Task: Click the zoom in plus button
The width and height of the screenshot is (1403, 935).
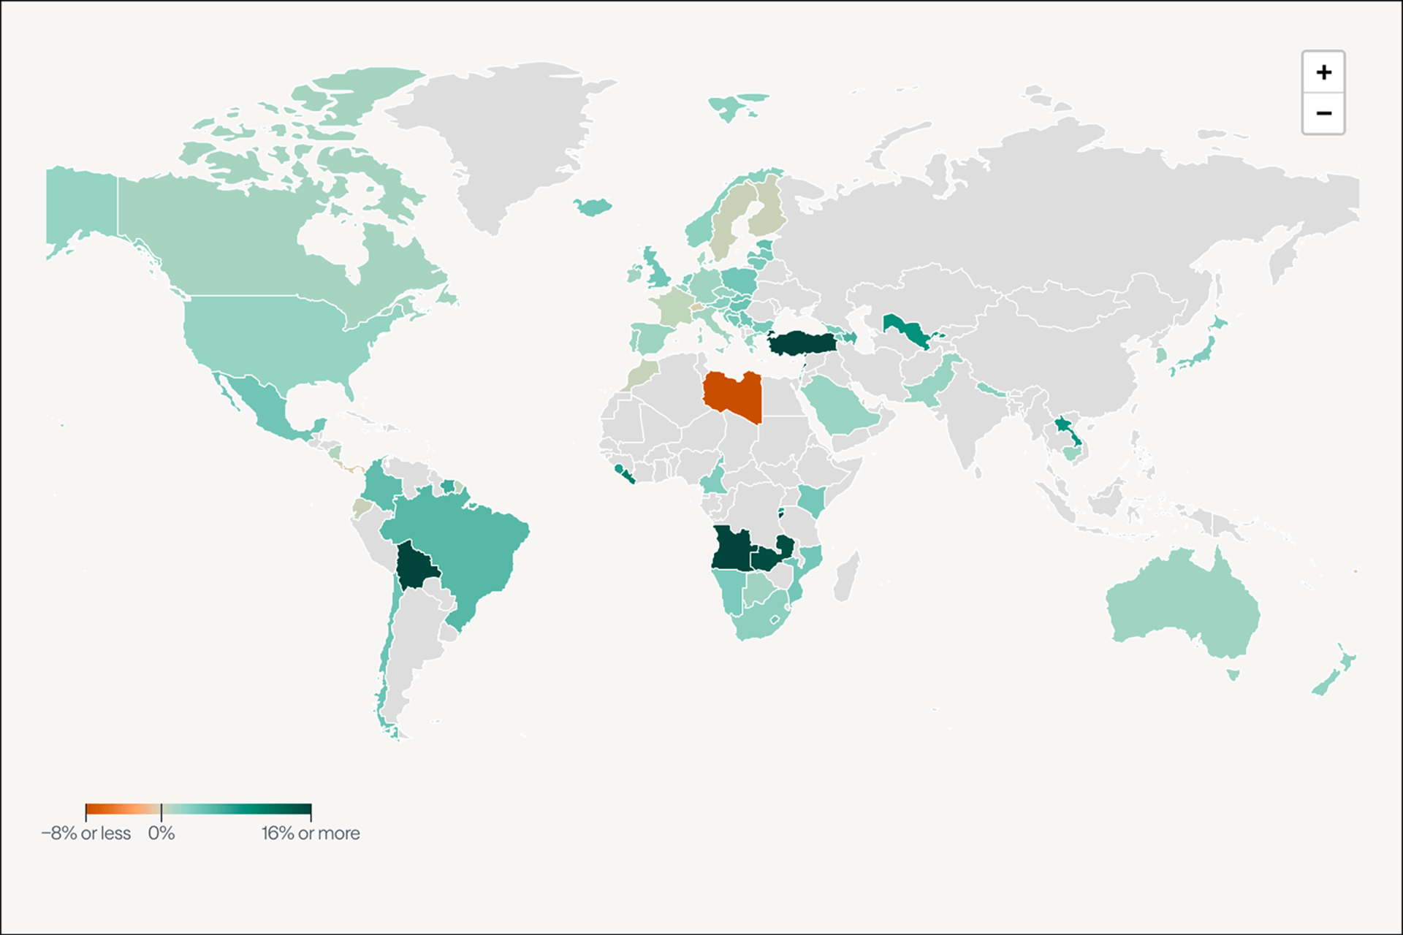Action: (1323, 72)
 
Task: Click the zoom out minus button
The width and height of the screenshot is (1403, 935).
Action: (1323, 113)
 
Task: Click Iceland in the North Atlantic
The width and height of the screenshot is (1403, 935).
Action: (593, 207)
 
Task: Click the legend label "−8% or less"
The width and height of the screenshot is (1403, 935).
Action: (86, 833)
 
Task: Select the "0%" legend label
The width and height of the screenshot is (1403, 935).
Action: (161, 833)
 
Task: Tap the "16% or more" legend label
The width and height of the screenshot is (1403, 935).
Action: (311, 833)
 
